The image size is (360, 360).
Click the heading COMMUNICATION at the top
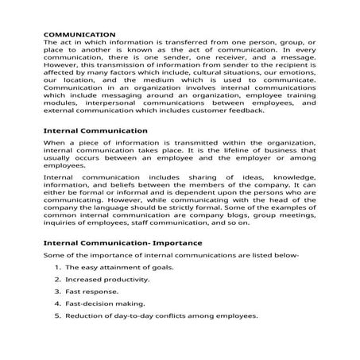point(79,34)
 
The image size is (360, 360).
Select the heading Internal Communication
point(95,130)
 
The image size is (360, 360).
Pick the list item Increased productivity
point(107,279)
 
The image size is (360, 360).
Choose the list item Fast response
point(92,292)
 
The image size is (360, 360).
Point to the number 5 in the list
point(57,315)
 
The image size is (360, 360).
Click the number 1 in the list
point(57,267)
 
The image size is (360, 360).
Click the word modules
point(60,102)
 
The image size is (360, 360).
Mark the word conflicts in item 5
point(184,315)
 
